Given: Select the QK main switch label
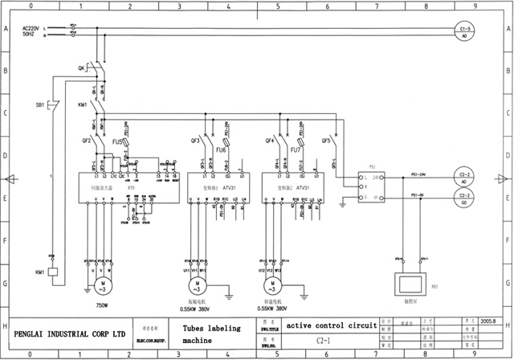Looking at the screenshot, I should pyautogui.click(x=83, y=67).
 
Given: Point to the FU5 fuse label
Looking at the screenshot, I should pyautogui.click(x=116, y=141).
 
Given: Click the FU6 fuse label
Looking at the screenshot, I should pyautogui.click(x=222, y=149).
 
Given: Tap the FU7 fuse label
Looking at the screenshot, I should pyautogui.click(x=296, y=149).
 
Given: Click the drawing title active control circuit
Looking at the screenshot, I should pyautogui.click(x=332, y=325).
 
